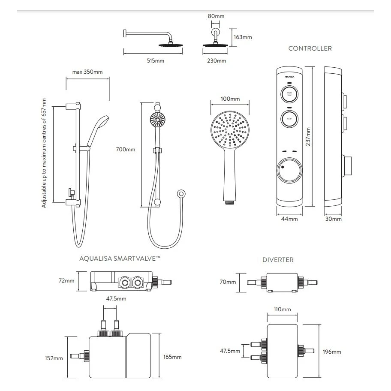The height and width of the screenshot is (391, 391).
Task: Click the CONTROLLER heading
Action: point(310,48)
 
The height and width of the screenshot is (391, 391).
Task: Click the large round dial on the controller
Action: point(289,170)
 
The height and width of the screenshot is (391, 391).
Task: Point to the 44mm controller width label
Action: point(289,219)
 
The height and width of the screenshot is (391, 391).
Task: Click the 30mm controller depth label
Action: point(334,219)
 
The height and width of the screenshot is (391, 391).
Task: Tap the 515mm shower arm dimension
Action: point(156,61)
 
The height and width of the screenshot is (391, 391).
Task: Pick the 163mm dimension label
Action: point(243,37)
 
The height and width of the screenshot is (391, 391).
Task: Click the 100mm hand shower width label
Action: point(230,99)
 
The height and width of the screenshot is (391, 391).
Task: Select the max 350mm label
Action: point(87,72)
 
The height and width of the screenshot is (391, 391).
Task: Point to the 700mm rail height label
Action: point(125,150)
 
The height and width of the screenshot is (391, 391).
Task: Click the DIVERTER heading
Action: point(278,260)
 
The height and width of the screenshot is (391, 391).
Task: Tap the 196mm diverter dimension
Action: point(332,352)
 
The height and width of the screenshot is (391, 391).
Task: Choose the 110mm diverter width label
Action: point(283,310)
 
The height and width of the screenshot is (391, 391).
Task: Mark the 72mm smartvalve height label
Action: point(66,281)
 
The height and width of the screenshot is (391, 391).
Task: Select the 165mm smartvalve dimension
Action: point(172,357)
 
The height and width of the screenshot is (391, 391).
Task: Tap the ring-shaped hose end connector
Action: point(182,194)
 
